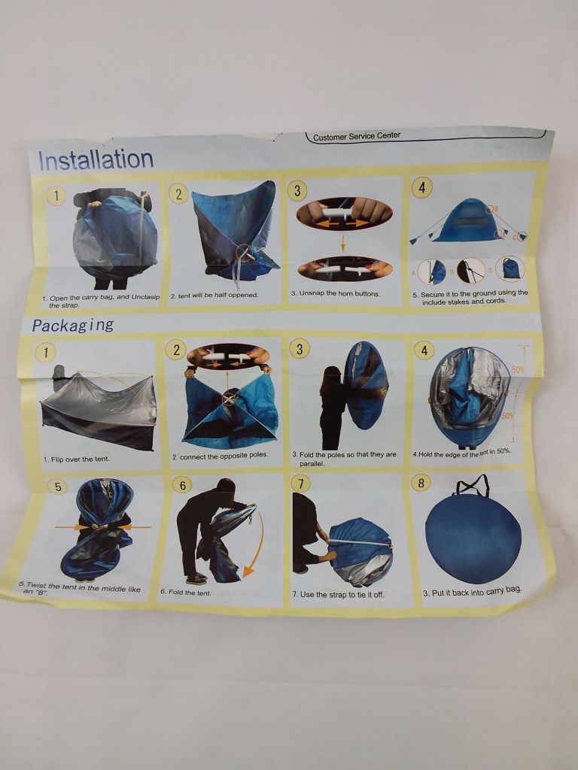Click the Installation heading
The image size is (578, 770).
coord(96,160)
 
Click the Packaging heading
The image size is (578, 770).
coord(73,325)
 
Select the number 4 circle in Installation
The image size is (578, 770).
coord(421,187)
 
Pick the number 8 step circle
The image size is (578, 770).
coord(421,483)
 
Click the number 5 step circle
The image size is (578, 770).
coord(58,487)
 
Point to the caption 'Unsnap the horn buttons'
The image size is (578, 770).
coord(335,294)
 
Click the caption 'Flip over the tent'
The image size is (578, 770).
coord(76,459)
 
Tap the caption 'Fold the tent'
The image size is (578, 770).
coord(185,593)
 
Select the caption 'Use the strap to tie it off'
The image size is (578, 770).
coord(339,595)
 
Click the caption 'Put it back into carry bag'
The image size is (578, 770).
coord(473,591)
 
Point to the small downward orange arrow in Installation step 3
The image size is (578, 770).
coord(343,244)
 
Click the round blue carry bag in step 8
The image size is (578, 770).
coord(473,538)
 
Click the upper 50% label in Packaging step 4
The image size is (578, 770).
coord(519,370)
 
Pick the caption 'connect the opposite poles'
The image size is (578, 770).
coord(221,456)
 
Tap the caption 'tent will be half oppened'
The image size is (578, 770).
coord(214,296)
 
